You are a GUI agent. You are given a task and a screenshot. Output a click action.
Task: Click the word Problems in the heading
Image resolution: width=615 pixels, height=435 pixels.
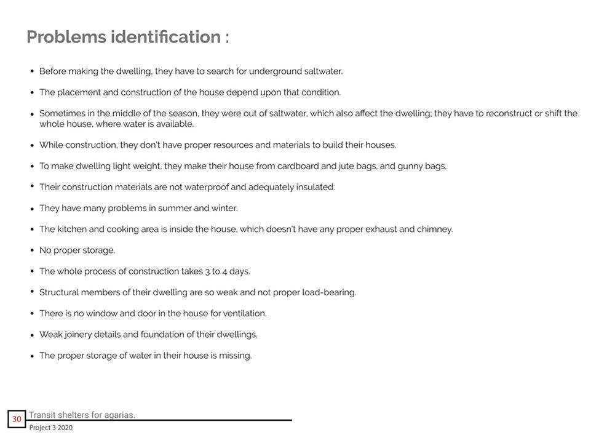[66, 37]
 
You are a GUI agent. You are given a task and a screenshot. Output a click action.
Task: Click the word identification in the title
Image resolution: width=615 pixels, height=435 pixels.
[165, 37]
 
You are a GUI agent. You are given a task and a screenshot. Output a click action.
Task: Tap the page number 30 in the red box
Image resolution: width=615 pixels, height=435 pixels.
[17, 420]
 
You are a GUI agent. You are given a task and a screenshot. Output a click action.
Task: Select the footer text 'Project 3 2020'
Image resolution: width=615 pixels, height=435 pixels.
[50, 428]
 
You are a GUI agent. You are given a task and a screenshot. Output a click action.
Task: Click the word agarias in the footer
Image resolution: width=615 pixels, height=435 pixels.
[119, 415]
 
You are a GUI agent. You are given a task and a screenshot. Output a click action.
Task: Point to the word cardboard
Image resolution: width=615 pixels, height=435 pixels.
[299, 166]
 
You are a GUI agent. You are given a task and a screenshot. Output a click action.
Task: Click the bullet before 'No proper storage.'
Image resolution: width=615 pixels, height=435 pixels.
[32, 250]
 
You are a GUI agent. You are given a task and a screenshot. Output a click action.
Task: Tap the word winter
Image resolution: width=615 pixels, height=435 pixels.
[224, 209]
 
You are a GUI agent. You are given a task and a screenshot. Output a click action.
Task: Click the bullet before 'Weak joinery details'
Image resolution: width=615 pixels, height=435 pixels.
[32, 335]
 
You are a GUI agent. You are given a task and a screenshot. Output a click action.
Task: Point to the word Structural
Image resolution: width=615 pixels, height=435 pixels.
[59, 292]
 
